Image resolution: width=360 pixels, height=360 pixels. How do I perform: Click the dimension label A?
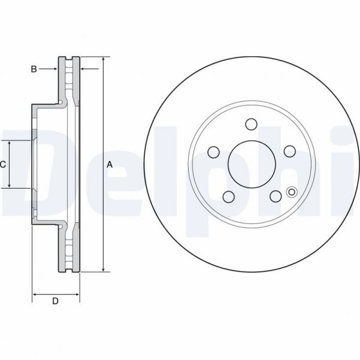tap(110, 164)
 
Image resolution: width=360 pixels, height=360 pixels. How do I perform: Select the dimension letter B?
tap(34, 69)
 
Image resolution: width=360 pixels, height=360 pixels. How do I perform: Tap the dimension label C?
tap(3, 164)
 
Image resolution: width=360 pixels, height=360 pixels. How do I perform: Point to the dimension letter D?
tap(55, 301)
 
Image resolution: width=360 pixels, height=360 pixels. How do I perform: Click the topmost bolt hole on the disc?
tap(251, 125)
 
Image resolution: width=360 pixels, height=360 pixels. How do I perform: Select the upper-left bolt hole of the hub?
tap(213, 152)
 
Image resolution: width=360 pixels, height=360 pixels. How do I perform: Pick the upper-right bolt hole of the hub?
tap(289, 151)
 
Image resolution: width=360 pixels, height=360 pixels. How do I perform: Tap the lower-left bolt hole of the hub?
tap(228, 196)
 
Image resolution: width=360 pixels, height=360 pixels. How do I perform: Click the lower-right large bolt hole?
tap(275, 196)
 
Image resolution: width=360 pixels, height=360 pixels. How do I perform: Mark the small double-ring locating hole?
tap(292, 192)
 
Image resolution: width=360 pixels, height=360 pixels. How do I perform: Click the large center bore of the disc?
tap(251, 165)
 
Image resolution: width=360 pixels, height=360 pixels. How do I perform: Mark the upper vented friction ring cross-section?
tap(68, 81)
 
